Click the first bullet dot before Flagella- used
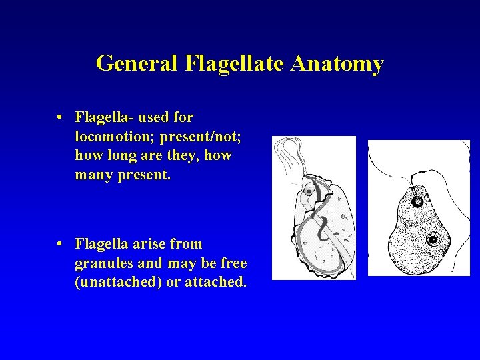pos(60,118)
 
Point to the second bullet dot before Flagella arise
pos(60,245)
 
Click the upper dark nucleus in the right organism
pos(417,201)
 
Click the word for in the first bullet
pos(183,118)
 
